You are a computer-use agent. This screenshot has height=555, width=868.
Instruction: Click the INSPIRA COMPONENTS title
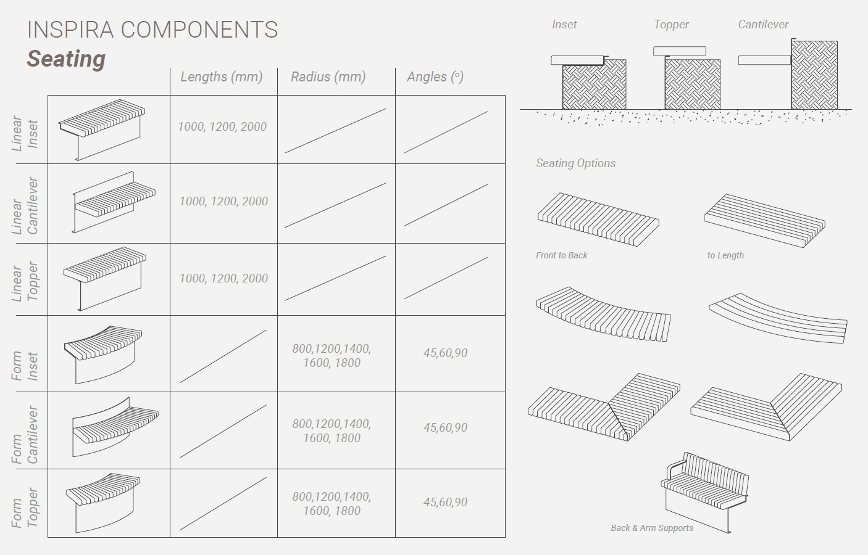[x=152, y=30]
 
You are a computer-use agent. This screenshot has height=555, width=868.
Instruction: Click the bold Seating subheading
[x=66, y=59]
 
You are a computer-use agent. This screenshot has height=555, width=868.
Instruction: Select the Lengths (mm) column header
[x=221, y=76]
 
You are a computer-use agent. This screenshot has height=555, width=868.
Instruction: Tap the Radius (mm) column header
[x=328, y=76]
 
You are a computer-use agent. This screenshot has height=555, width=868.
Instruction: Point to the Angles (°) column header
[x=435, y=76]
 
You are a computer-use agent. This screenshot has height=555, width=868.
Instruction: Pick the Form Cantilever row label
[x=25, y=435]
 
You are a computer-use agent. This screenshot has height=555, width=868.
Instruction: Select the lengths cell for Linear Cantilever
[x=223, y=201]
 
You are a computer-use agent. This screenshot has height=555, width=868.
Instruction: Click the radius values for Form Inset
[x=332, y=356]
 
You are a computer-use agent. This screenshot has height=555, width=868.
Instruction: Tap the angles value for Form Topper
[x=445, y=502]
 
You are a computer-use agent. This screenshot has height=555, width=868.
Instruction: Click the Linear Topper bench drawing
[x=104, y=279]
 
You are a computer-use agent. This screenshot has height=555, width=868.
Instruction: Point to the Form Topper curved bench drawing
[x=103, y=503]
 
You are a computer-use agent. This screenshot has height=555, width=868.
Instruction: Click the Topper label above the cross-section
[x=671, y=25]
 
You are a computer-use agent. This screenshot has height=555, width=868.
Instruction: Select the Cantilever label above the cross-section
[x=763, y=25]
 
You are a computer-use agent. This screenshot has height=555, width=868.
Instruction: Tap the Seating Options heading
[x=576, y=163]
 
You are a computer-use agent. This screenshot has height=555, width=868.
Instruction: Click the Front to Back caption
[x=562, y=255]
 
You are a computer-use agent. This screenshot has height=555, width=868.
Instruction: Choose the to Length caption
[x=725, y=255]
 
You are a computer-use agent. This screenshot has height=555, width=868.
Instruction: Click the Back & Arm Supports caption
[x=652, y=528]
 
